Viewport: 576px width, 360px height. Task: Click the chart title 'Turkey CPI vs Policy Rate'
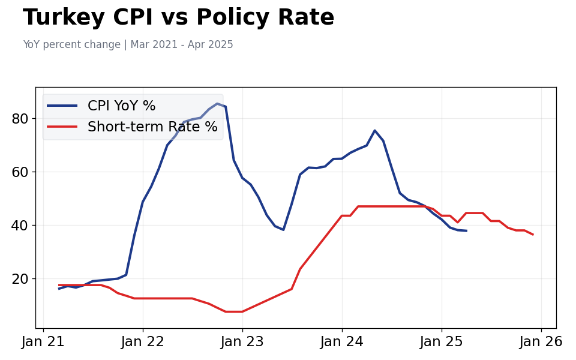coord(178,18)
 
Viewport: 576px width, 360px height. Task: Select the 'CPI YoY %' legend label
coord(121,106)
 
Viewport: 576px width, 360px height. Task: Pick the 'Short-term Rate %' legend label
coord(152,127)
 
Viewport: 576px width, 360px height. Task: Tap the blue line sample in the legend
coord(62,106)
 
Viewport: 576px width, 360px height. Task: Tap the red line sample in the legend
coord(62,127)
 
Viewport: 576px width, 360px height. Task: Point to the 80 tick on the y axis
coord(20,119)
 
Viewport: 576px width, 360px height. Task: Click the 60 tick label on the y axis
coord(20,172)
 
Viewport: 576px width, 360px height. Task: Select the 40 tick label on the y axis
coord(20,226)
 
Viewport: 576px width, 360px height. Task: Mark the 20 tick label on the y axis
coord(20,279)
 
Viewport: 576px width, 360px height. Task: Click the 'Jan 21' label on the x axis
coord(43,342)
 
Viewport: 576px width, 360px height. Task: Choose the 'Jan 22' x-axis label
coord(143,342)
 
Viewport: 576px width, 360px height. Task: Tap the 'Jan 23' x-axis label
coord(242,342)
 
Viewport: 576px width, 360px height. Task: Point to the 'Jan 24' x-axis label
coord(342,342)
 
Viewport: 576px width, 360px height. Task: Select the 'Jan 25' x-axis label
coord(442,342)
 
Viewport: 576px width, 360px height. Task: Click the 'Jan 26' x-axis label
coord(541,342)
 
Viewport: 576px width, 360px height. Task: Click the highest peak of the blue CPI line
coord(217,104)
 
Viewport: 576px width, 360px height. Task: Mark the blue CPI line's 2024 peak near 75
coord(375,131)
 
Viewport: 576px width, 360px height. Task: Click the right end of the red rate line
coord(533,235)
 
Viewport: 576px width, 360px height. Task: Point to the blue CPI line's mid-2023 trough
coord(283,230)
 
